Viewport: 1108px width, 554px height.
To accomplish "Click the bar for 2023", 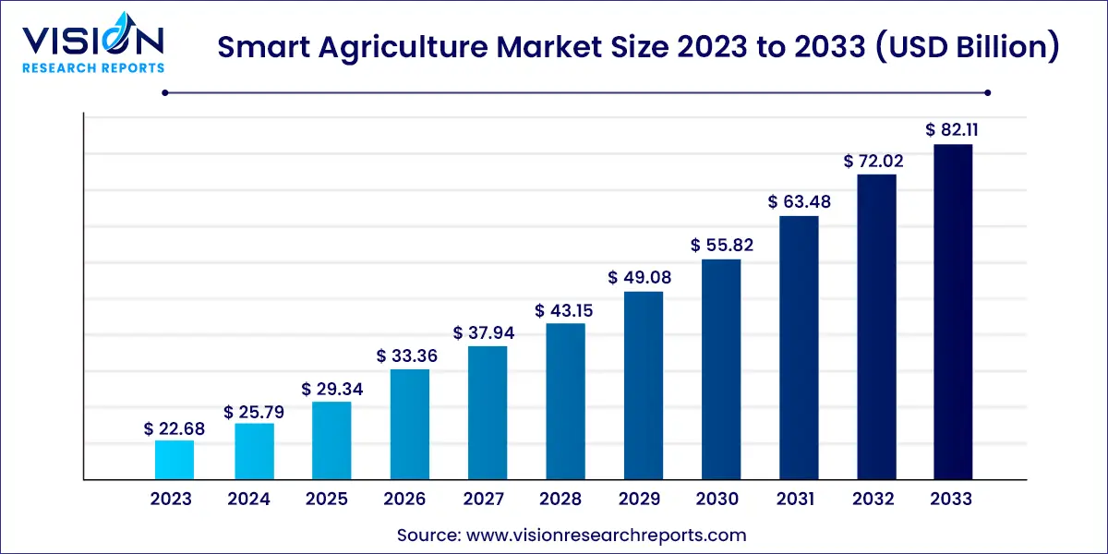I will point(175,460).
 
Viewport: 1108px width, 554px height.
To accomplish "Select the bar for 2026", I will point(409,425).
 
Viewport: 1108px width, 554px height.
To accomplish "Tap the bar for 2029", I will point(644,386).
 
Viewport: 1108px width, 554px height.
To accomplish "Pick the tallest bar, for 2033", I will point(952,312).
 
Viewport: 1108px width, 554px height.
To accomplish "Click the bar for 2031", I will point(799,348).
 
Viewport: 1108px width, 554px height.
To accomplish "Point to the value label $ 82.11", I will point(952,130).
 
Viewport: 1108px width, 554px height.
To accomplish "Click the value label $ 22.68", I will point(175,428).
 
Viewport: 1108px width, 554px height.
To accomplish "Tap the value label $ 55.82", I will point(721,245).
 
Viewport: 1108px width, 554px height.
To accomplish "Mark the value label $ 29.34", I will point(331,389).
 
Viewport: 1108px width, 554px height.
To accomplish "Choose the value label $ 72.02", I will point(874,161).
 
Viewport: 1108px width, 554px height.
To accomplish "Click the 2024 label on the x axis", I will point(249,500).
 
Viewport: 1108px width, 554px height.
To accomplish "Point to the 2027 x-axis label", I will point(483,500).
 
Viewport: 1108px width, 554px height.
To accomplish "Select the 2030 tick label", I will point(717,500).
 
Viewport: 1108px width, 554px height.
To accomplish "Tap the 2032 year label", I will point(873,500).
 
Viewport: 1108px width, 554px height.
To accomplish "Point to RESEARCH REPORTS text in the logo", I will point(92,67).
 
